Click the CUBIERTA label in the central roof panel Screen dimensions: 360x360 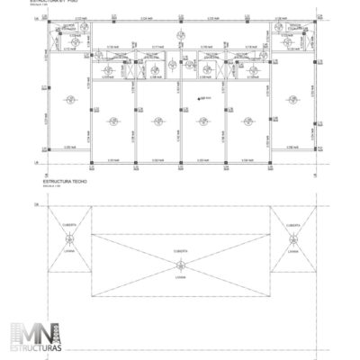179,249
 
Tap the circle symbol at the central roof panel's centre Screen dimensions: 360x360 179,264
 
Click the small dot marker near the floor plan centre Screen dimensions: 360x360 199,98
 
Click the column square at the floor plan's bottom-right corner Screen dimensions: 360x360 314,147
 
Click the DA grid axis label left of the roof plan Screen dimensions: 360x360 38,206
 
